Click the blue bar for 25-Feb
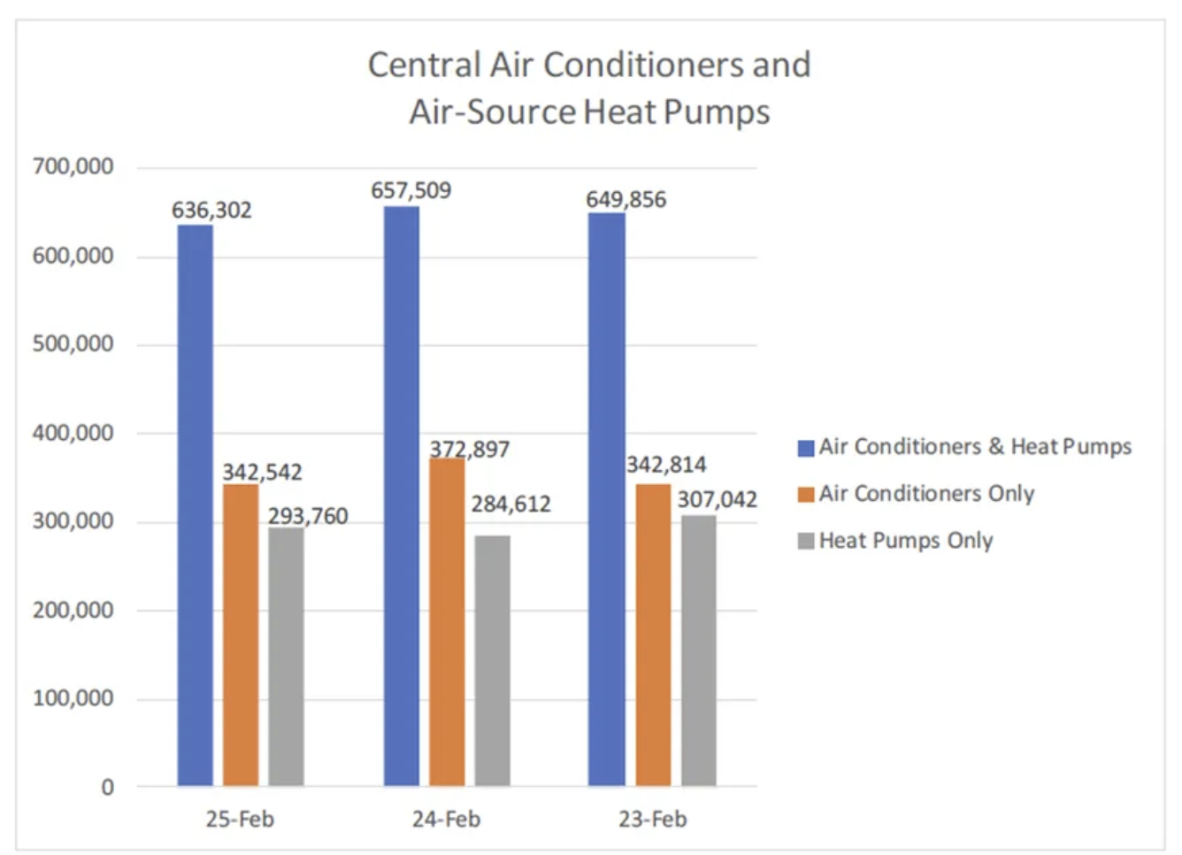[195, 505]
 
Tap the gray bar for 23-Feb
[698, 651]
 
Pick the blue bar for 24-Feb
[402, 496]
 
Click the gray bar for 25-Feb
[286, 656]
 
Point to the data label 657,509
[411, 190]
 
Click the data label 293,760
[308, 516]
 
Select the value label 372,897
[470, 450]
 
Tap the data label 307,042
[717, 500]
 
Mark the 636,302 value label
[211, 211]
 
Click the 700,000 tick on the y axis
[73, 166]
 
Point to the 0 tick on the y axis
[107, 787]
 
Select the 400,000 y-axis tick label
[73, 433]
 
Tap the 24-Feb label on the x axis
[446, 820]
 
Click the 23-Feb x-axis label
[652, 820]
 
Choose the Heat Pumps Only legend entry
[905, 541]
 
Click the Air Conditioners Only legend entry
[925, 494]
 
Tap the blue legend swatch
[805, 448]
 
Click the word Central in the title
[424, 65]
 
